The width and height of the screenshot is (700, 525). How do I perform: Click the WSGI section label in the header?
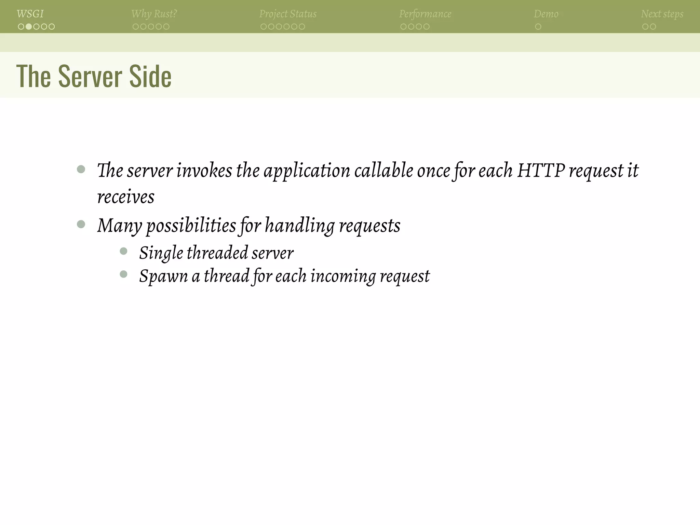click(30, 14)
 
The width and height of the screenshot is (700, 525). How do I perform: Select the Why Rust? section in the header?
click(154, 14)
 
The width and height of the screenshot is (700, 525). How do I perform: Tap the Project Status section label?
click(288, 14)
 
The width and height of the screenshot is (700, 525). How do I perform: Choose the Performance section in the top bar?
click(425, 14)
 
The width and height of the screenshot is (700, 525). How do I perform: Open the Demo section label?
click(546, 14)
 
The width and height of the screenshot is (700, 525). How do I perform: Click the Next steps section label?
click(662, 14)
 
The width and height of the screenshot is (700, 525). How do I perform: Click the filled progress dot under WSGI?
click(29, 27)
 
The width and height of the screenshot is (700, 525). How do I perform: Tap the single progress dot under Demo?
click(538, 27)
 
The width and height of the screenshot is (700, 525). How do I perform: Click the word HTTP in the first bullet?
click(541, 170)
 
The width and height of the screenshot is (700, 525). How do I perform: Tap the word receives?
click(126, 197)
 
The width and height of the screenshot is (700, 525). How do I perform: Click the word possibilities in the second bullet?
click(191, 226)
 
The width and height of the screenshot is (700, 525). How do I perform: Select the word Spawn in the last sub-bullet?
click(163, 276)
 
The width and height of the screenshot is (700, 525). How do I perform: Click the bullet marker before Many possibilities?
click(81, 224)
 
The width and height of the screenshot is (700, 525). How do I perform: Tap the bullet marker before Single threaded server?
click(124, 252)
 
